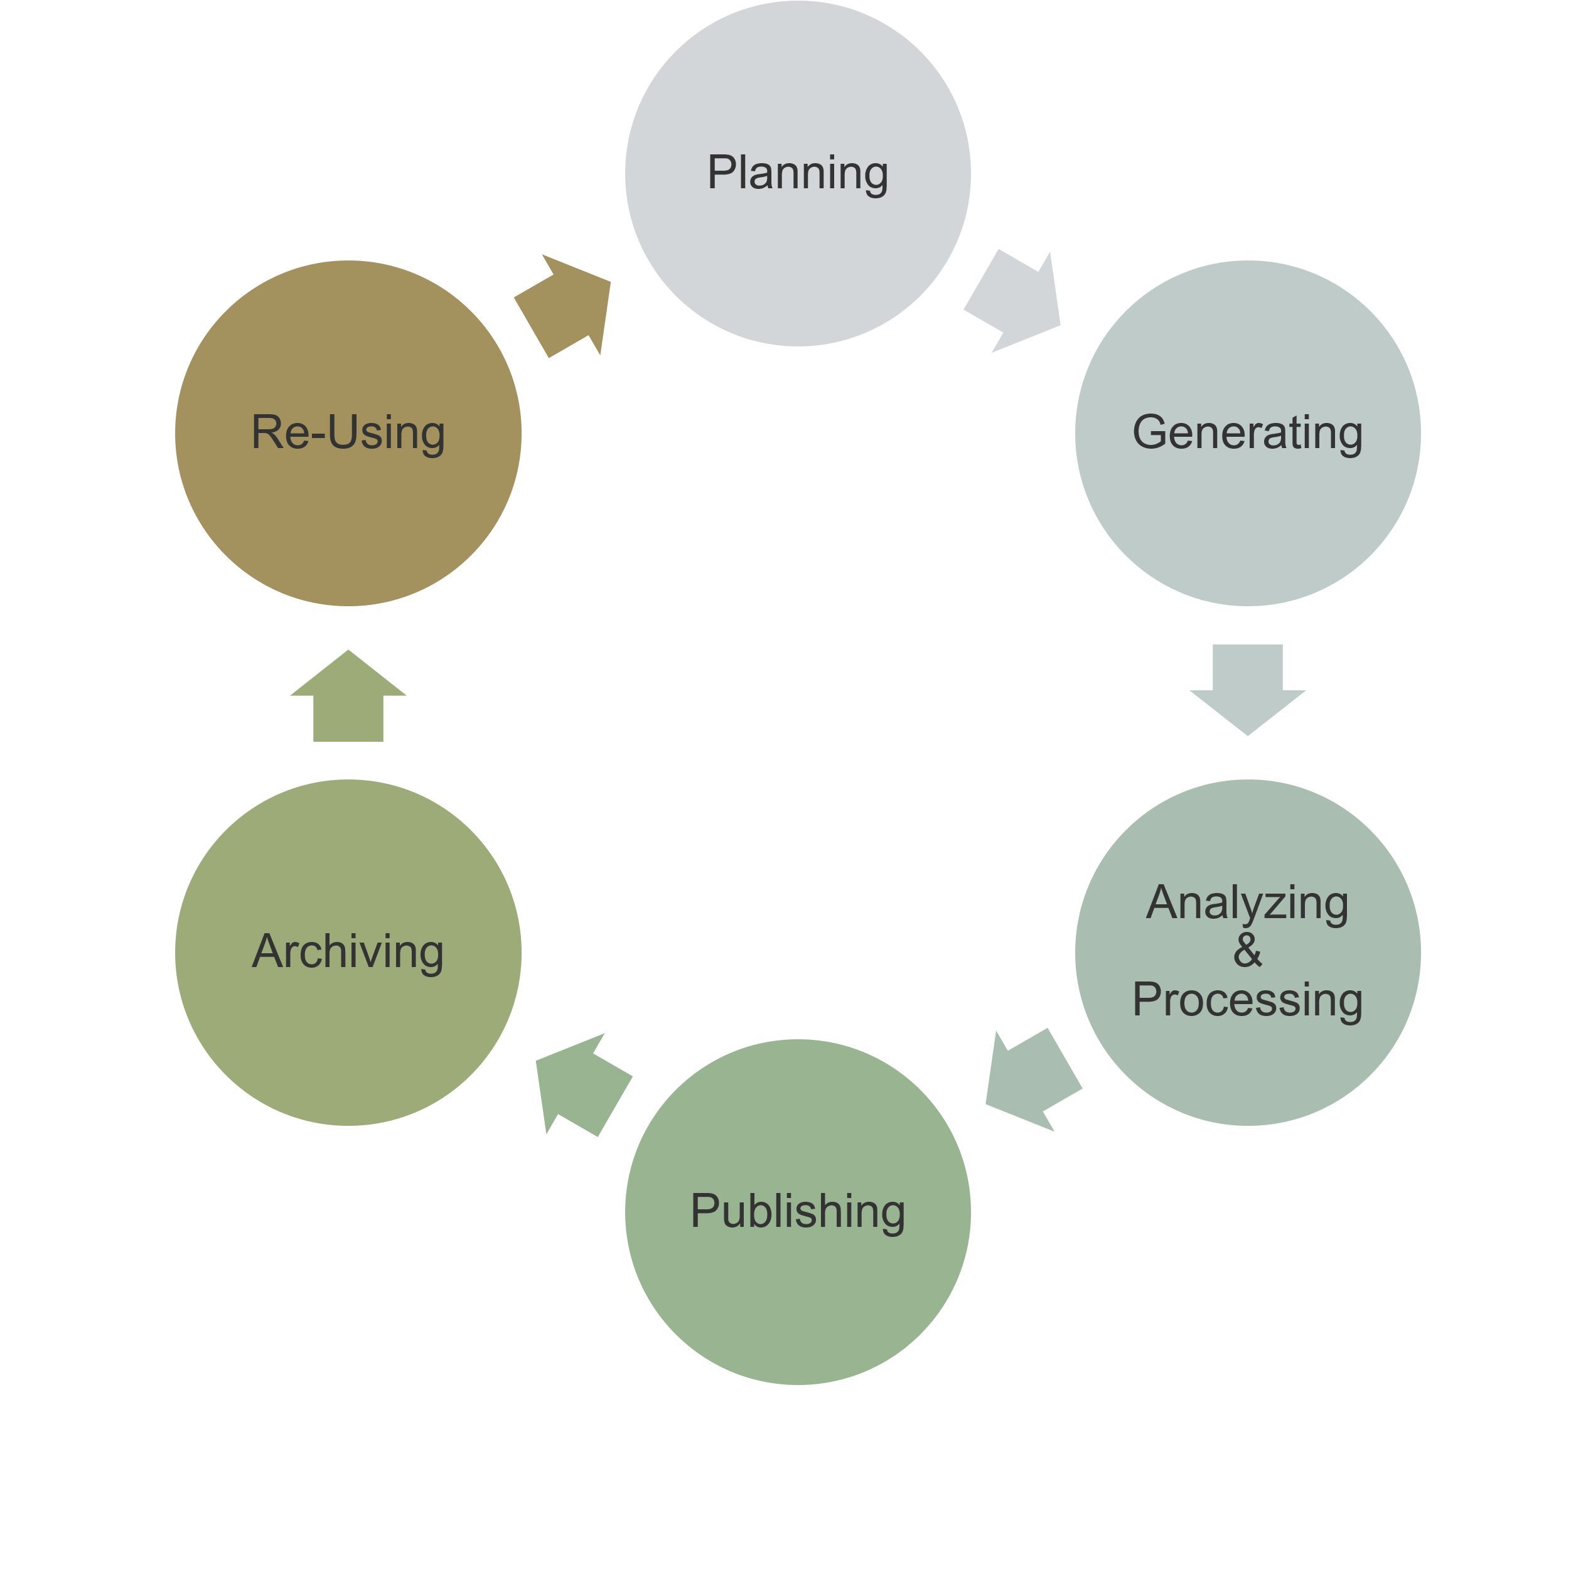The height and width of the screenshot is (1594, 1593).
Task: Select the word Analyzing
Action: tap(1247, 904)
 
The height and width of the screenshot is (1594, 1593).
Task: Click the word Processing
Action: tap(1247, 1001)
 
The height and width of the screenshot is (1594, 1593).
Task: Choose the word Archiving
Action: tap(348, 952)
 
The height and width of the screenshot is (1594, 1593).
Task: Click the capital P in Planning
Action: tap(722, 171)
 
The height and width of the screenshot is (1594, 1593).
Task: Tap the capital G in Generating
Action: tap(1150, 432)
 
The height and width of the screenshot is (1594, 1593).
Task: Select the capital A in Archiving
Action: tap(269, 949)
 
